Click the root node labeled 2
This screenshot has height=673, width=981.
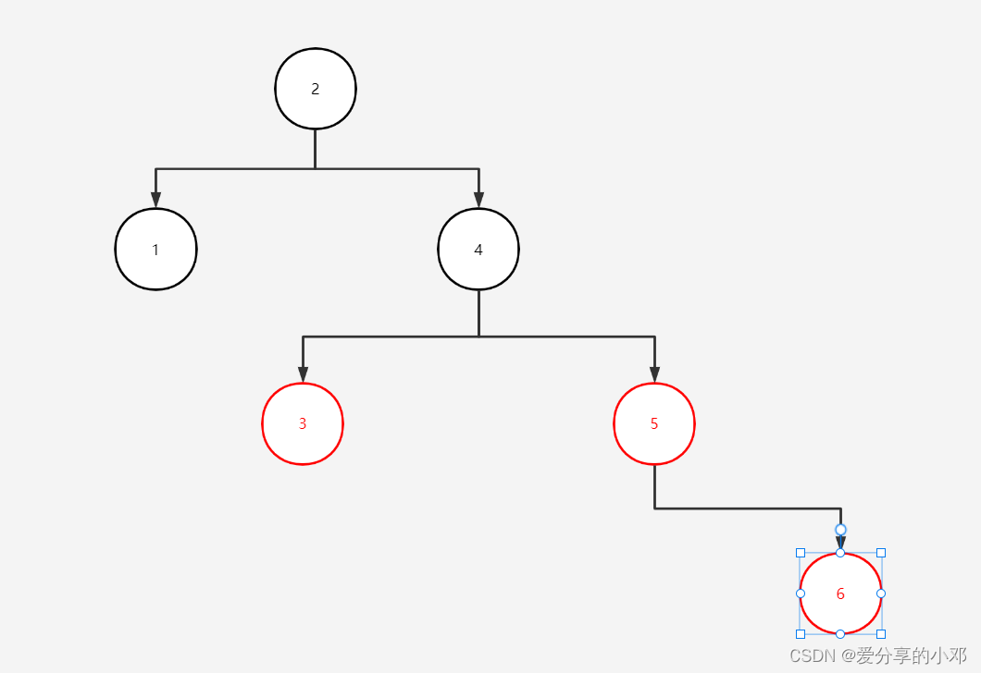pyautogui.click(x=316, y=89)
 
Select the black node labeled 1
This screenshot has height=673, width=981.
pyautogui.click(x=155, y=250)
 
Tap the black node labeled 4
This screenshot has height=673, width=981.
pyautogui.click(x=478, y=250)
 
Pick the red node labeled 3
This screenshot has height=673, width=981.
pyautogui.click(x=303, y=424)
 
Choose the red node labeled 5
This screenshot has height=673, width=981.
pyautogui.click(x=654, y=424)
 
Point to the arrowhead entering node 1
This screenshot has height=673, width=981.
pyautogui.click(x=155, y=200)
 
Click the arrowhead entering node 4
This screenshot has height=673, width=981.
pyautogui.click(x=478, y=200)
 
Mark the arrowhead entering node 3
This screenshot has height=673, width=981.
pyautogui.click(x=303, y=373)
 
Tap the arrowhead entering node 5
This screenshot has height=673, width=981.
pyautogui.click(x=654, y=373)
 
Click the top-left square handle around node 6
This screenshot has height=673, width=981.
pyautogui.click(x=801, y=553)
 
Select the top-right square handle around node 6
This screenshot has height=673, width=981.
pyautogui.click(x=881, y=553)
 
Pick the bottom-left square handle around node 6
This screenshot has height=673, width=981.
pyautogui.click(x=801, y=634)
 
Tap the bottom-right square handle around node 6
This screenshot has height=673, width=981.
pyautogui.click(x=881, y=634)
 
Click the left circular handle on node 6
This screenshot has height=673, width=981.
pyautogui.click(x=801, y=593)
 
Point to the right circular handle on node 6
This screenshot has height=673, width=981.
pyautogui.click(x=881, y=593)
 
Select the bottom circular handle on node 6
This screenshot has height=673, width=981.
pyautogui.click(x=840, y=634)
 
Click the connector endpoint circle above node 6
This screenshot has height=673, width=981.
pyautogui.click(x=840, y=530)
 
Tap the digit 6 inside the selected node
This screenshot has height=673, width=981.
pyautogui.click(x=840, y=593)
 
